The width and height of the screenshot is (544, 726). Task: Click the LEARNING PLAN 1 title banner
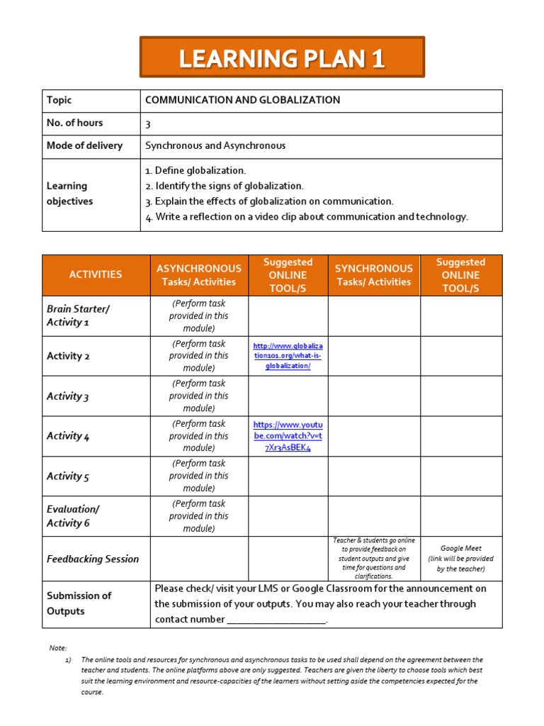click(x=282, y=57)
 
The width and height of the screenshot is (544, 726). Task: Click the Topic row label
click(x=59, y=100)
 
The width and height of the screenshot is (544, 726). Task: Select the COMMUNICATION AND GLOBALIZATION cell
click(x=242, y=100)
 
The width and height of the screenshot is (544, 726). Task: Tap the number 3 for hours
click(x=148, y=123)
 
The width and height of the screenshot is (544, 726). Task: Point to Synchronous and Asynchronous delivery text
click(x=215, y=145)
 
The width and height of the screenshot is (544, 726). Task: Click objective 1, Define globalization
click(x=195, y=170)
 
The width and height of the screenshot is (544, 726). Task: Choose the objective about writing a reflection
click(x=307, y=217)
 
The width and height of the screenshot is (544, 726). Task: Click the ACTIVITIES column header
click(x=96, y=274)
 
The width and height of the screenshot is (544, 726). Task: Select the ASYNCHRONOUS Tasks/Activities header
click(x=198, y=275)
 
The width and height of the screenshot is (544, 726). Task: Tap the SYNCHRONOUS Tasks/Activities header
click(x=373, y=275)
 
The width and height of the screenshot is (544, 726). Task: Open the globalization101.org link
click(x=288, y=356)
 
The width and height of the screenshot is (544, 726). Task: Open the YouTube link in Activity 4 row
click(x=288, y=436)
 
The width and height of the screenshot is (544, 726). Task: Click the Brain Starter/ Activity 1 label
click(x=78, y=315)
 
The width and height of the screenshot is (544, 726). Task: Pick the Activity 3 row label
click(x=68, y=396)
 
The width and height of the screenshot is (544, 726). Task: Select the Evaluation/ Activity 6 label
click(x=73, y=516)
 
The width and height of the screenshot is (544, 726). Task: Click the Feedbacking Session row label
click(x=93, y=559)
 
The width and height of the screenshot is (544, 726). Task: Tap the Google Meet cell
click(x=461, y=558)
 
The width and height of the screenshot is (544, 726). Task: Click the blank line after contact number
click(x=276, y=620)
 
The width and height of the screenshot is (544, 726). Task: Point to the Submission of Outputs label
click(x=79, y=603)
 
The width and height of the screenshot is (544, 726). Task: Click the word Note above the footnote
click(x=57, y=648)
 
